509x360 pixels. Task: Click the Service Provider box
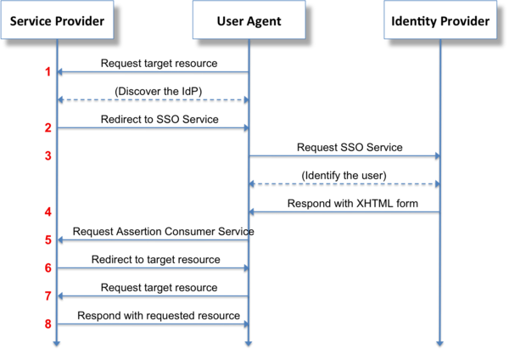(57, 21)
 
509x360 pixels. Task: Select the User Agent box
(248, 21)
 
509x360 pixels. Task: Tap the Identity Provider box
(440, 21)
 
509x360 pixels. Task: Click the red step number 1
(48, 72)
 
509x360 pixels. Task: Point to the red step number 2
(48, 127)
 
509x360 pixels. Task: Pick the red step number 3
(48, 156)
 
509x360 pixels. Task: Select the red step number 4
(48, 211)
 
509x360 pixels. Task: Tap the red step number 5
(48, 240)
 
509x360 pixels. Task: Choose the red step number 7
(48, 295)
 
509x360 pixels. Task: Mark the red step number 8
(48, 323)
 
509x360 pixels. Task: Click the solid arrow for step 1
(153, 72)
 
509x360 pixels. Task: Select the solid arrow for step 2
(153, 127)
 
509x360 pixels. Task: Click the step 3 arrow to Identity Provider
(344, 155)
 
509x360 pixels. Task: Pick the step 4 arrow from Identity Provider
(344, 211)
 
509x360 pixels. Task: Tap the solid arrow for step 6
(153, 267)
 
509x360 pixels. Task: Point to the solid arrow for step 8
(153, 323)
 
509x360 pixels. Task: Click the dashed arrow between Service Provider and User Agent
(153, 99)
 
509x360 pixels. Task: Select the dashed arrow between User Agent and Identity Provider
(344, 183)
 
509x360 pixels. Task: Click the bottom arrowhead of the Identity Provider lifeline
(440, 342)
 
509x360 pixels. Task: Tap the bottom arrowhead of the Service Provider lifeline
(57, 342)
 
